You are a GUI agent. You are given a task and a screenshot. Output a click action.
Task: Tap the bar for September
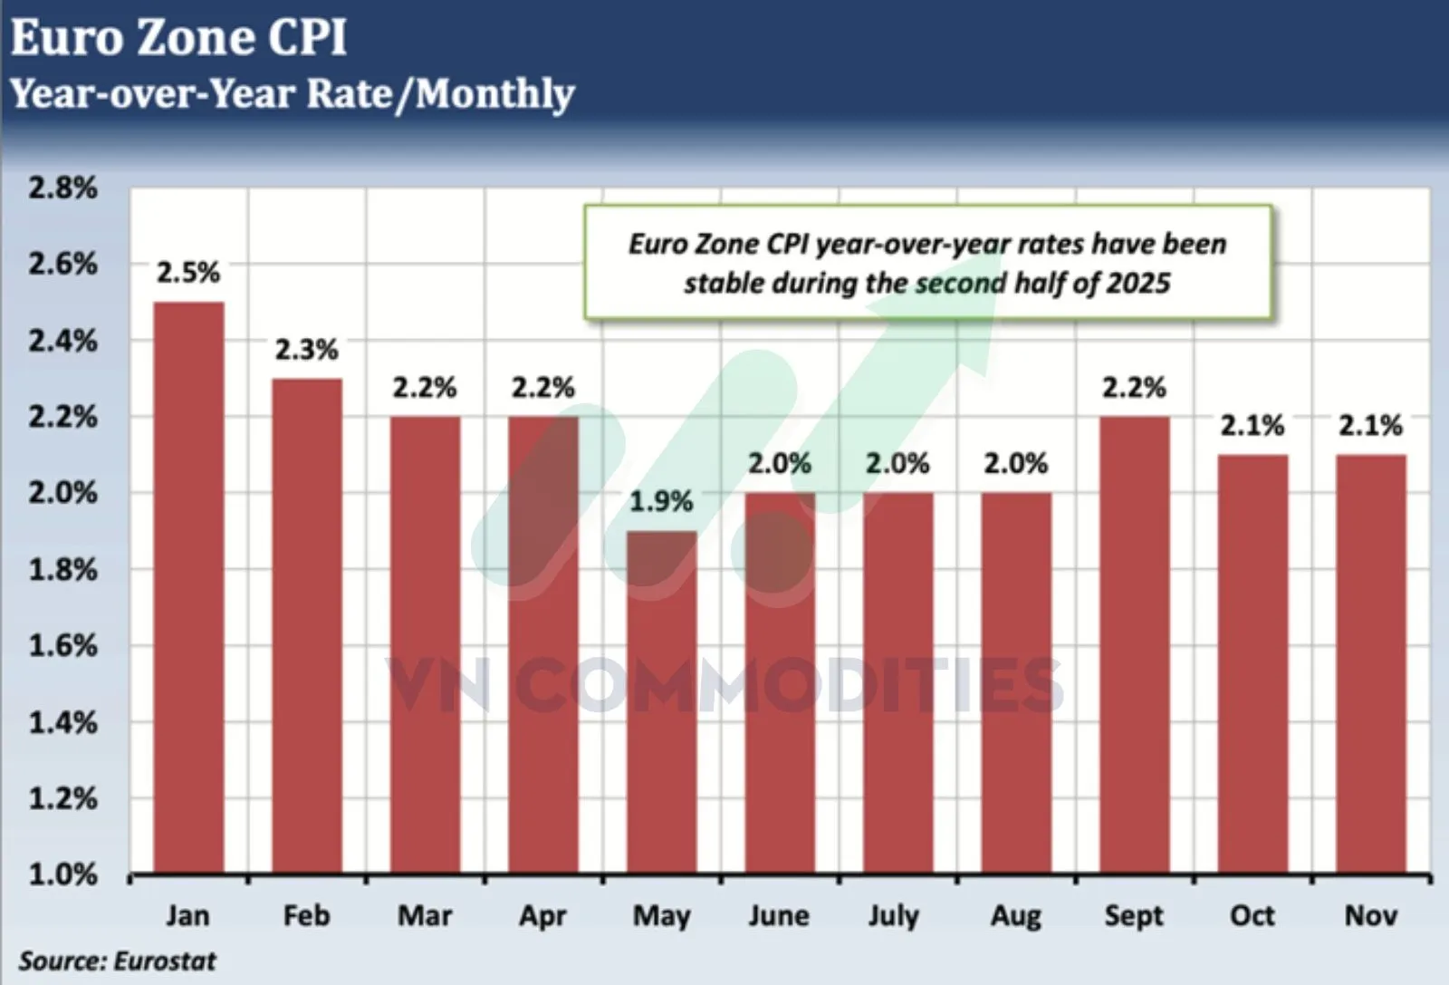(x=1135, y=644)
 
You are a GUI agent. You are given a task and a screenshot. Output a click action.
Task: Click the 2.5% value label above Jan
(x=188, y=272)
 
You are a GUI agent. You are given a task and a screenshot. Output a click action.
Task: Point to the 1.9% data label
(x=661, y=501)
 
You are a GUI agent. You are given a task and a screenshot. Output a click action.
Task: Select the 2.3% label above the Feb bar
(x=307, y=349)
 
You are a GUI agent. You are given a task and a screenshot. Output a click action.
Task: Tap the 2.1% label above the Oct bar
(x=1252, y=425)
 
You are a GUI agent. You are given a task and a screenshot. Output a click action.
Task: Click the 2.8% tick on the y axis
(x=62, y=188)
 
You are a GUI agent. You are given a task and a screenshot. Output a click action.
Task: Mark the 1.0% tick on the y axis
(x=62, y=874)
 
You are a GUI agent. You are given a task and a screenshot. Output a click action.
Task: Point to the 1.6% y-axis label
(x=62, y=645)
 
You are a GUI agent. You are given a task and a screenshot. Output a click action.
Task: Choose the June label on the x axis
(x=779, y=915)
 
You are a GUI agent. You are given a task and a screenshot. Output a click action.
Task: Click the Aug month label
(x=1016, y=915)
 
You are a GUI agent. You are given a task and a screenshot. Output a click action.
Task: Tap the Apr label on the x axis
(x=542, y=915)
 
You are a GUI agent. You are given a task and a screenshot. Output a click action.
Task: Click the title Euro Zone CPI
(x=178, y=38)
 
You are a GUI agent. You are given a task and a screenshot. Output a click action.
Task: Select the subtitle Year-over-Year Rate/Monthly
(x=292, y=93)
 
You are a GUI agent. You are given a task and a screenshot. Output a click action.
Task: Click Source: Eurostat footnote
(x=118, y=961)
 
